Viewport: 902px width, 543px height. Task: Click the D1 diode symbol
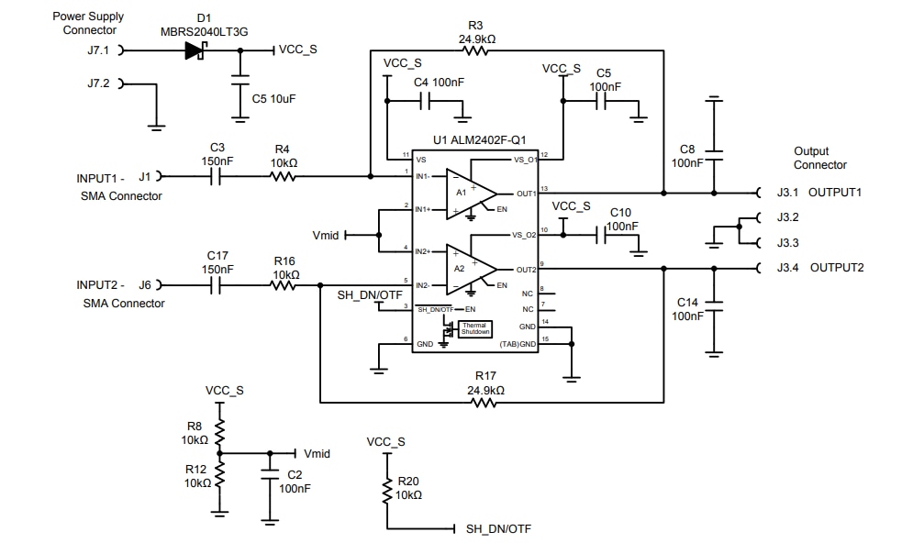click(x=195, y=51)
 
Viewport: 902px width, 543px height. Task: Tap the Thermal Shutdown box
click(x=474, y=328)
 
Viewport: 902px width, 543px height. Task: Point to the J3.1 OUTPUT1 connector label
click(x=819, y=193)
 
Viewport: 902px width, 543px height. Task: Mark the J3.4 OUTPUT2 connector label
click(x=819, y=268)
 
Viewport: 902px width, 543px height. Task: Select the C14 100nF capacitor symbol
click(x=713, y=303)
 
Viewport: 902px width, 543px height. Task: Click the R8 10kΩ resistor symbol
click(x=219, y=429)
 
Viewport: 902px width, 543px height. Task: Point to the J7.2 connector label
click(x=98, y=83)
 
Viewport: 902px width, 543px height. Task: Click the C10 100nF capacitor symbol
click(x=600, y=236)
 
